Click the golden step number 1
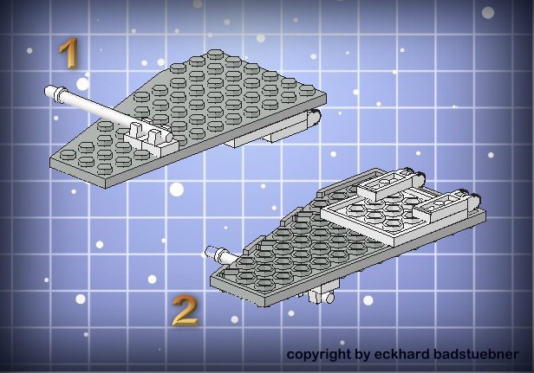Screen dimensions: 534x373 tap(68, 53)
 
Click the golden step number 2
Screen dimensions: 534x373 tap(185, 311)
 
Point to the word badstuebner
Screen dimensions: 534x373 tap(476, 354)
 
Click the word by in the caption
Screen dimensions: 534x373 tap(362, 355)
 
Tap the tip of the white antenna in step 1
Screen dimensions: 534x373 tap(47, 91)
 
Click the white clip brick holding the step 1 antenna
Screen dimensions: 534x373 tap(152, 139)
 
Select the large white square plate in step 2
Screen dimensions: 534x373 tap(381, 217)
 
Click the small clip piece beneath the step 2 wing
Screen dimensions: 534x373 tap(321, 295)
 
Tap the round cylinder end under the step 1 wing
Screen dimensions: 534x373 tap(316, 118)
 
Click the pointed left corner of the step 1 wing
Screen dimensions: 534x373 tap(51, 160)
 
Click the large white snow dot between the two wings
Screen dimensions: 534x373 tap(177, 190)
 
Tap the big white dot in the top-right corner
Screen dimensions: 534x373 tap(488, 13)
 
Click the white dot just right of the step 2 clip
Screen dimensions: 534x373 tap(368, 300)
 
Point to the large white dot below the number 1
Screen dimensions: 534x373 tap(82, 84)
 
